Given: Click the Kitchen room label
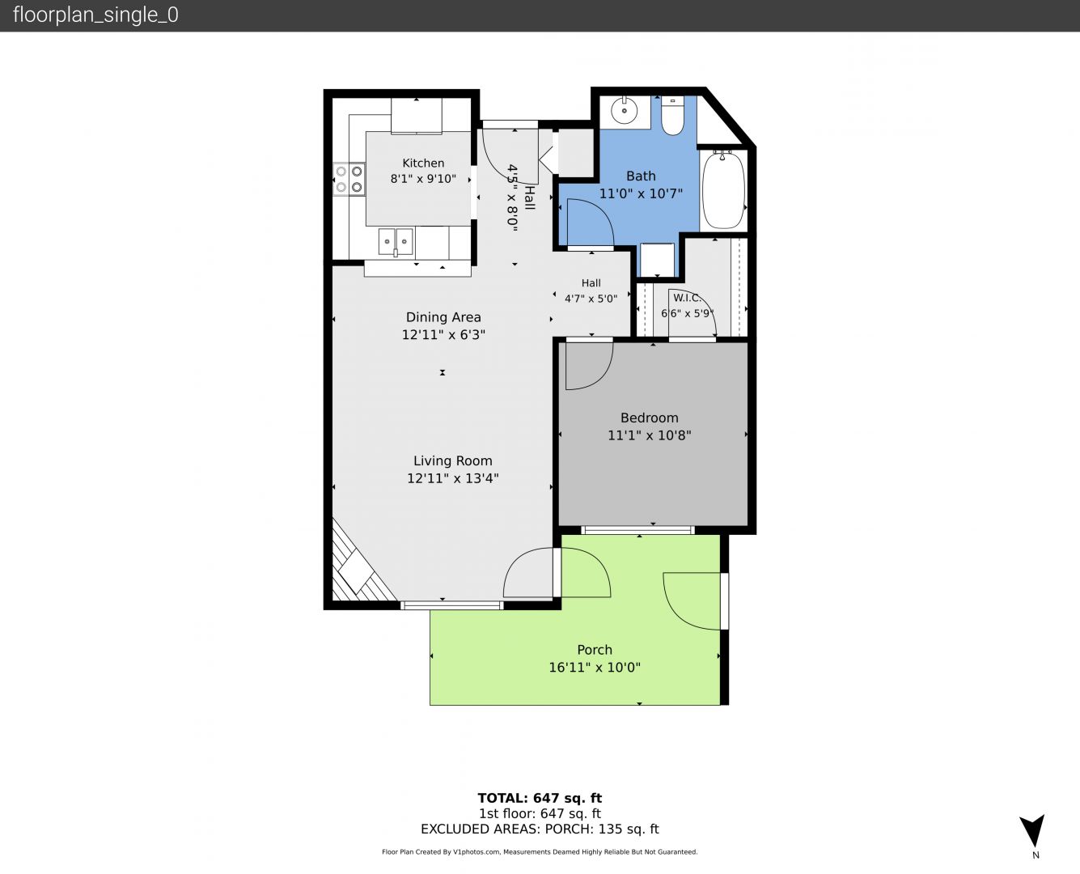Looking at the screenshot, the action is (x=423, y=163).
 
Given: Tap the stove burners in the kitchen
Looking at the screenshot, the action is (x=349, y=179).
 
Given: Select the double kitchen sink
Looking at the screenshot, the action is (x=396, y=241).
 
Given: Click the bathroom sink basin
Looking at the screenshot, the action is (x=625, y=110).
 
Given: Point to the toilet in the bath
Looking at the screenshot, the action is (x=672, y=116).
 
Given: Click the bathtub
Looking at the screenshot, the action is (x=723, y=190).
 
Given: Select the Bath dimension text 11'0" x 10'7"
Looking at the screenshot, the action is (x=641, y=193).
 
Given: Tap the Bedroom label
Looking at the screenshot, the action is (x=649, y=418).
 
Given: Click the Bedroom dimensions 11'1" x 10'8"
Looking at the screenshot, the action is (x=649, y=435).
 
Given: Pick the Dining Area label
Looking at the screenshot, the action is (x=443, y=317).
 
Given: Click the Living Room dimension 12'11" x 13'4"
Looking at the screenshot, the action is (x=453, y=478).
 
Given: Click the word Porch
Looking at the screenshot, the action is (x=595, y=650).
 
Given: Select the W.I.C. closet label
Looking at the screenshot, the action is (x=687, y=298).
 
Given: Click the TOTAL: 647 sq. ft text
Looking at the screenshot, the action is (x=540, y=798).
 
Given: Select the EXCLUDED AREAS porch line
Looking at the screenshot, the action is (x=540, y=829).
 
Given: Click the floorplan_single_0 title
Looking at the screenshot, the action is (x=95, y=15).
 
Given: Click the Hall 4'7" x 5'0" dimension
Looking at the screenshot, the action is (x=591, y=299).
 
